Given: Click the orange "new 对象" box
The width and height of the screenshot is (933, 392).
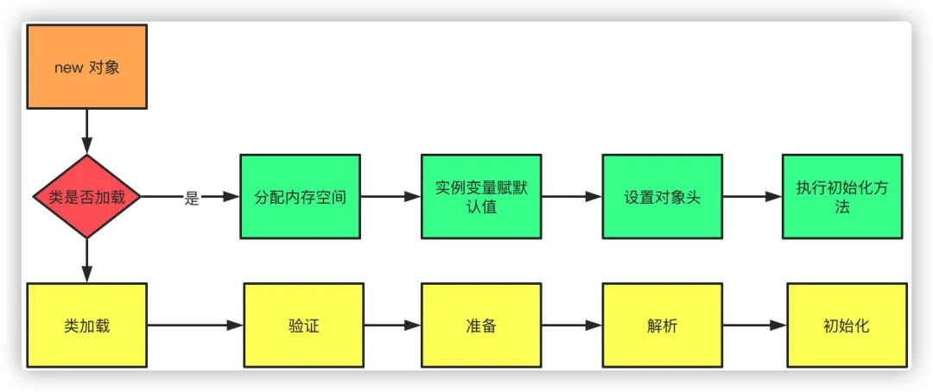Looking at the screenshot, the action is click(x=87, y=66).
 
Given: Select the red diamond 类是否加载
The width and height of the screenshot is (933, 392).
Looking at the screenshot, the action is click(x=87, y=197).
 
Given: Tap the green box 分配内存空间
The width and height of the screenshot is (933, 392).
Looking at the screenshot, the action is click(x=301, y=197).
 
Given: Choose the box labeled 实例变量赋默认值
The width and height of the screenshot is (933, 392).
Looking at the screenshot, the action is click(x=481, y=197).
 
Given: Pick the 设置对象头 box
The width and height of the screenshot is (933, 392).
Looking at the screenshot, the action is click(x=663, y=197).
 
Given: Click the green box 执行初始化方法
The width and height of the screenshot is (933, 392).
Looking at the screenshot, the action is click(x=842, y=197).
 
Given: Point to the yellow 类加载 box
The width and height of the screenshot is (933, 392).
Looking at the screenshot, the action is click(x=87, y=326).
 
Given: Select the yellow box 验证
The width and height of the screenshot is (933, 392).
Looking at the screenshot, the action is click(x=303, y=326).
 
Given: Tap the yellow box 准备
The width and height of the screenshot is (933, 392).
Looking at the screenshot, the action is click(x=481, y=326).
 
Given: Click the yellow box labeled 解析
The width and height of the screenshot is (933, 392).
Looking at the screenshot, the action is click(x=663, y=326).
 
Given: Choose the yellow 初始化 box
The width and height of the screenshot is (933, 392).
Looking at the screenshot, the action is click(x=847, y=326).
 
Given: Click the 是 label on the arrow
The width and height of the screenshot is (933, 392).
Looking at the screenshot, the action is click(x=191, y=199).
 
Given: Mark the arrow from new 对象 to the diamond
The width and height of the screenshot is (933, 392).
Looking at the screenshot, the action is click(x=87, y=132).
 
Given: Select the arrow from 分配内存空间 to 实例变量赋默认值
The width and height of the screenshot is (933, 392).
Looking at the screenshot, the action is click(x=391, y=197).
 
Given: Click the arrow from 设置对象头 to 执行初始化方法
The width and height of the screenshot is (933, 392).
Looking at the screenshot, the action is click(x=752, y=197).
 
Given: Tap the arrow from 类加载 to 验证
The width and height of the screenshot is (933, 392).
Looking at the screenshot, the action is click(x=195, y=326).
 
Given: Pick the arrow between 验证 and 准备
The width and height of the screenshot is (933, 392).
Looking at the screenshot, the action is click(x=392, y=326).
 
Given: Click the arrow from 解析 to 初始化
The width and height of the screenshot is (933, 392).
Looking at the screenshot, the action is click(x=754, y=326).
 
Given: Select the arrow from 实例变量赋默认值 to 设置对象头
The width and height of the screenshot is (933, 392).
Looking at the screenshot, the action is click(x=572, y=197).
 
